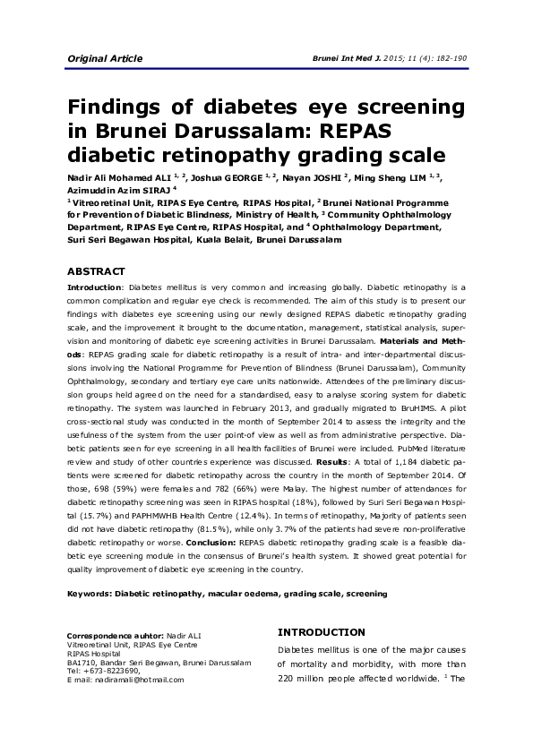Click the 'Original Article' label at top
pyautogui.click(x=105, y=59)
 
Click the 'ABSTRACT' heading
pyautogui.click(x=97, y=271)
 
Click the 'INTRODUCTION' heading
pyautogui.click(x=321, y=632)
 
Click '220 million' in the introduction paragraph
pyautogui.click(x=305, y=679)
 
